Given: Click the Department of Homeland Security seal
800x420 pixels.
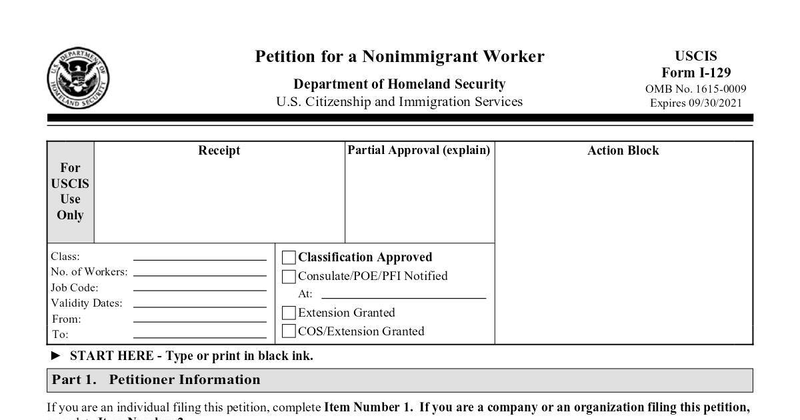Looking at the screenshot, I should [78, 79].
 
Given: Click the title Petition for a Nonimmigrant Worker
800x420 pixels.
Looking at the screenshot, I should [399, 57].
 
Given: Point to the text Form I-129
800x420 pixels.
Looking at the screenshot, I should [696, 73].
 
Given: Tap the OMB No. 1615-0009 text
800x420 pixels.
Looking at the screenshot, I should [696, 89].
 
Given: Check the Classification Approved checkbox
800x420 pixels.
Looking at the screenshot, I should [289, 257].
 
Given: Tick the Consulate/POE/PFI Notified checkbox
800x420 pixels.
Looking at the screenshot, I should [289, 277].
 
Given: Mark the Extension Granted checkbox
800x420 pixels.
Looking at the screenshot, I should [289, 313].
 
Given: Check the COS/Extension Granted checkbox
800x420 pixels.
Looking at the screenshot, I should [289, 331].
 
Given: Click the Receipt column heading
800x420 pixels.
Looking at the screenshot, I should [219, 151].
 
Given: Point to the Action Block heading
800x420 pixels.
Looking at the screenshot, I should [623, 151].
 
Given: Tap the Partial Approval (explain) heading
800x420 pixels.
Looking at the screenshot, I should [419, 150].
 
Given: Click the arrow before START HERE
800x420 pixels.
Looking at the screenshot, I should [56, 356].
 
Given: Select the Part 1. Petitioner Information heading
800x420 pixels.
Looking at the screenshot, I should [157, 380].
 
